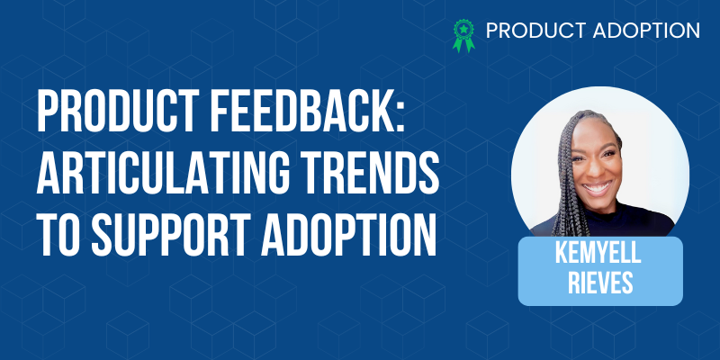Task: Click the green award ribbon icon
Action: point(463,35)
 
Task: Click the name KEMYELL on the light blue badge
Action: point(598,253)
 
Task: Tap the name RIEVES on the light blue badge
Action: point(600,283)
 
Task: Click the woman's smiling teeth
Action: point(598,188)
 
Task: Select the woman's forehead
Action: point(595,136)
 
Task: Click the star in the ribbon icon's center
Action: point(463,29)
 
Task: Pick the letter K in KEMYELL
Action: point(561,253)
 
